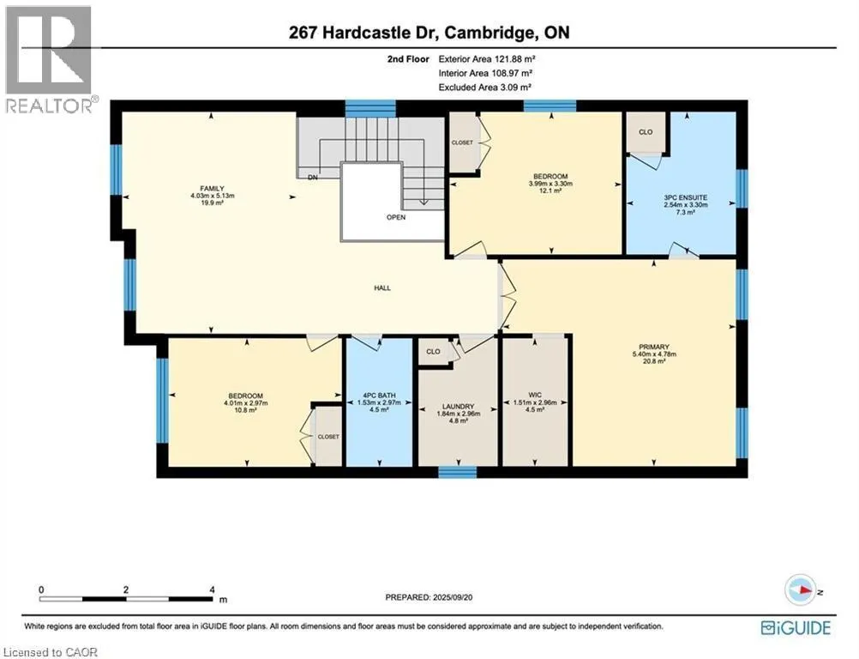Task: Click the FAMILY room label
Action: (206, 187)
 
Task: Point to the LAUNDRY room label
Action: (458, 408)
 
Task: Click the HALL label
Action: (382, 288)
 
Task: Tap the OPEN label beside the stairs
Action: (395, 217)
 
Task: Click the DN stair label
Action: (313, 177)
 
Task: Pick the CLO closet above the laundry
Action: (434, 351)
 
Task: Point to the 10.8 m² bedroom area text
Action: (247, 411)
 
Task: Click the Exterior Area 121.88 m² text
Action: (487, 59)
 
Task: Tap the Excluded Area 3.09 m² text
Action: (485, 87)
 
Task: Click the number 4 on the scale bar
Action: (212, 590)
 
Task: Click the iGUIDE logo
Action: (797, 628)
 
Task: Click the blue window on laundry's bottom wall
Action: (457, 472)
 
